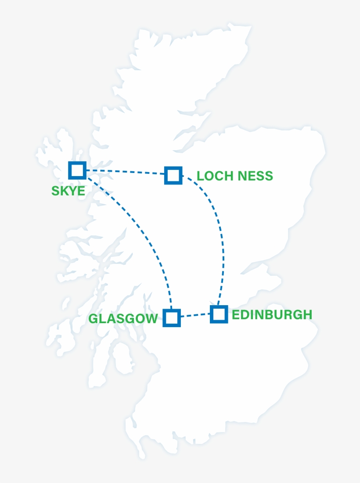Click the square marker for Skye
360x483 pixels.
click(77, 170)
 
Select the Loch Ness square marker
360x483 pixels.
click(173, 175)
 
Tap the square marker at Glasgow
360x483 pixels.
click(172, 317)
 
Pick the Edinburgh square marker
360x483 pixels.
click(219, 314)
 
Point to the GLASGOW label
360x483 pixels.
click(123, 319)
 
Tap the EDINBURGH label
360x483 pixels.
click(272, 315)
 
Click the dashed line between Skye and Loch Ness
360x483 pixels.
click(125, 172)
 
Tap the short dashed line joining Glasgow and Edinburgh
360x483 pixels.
click(195, 315)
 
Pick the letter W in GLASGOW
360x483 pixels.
click(151, 319)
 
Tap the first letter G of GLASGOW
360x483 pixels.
click(94, 319)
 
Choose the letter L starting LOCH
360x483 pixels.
click(200, 176)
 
